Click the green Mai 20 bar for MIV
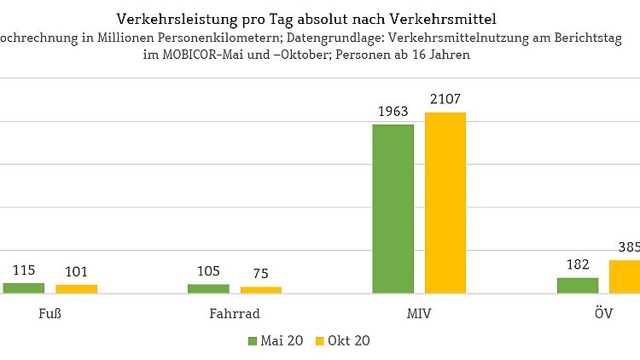pos(393,209)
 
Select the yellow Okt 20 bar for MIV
pos(445,203)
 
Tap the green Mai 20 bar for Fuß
pos(23,288)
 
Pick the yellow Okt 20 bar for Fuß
pos(76,289)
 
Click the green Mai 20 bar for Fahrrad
pos(208,288)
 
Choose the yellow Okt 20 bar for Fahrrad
pos(260,290)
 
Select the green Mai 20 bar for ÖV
pos(578,286)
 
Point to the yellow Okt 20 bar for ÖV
pos(625,276)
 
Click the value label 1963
pos(393,112)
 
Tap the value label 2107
pos(445,100)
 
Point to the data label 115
pos(23,270)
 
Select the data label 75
pos(260,274)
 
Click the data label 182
pos(578,264)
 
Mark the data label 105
pos(208,271)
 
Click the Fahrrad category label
pos(235,314)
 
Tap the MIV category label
pos(419,314)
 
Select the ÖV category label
pos(602,314)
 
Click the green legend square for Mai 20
pos(252,340)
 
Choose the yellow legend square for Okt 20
pos(321,340)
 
